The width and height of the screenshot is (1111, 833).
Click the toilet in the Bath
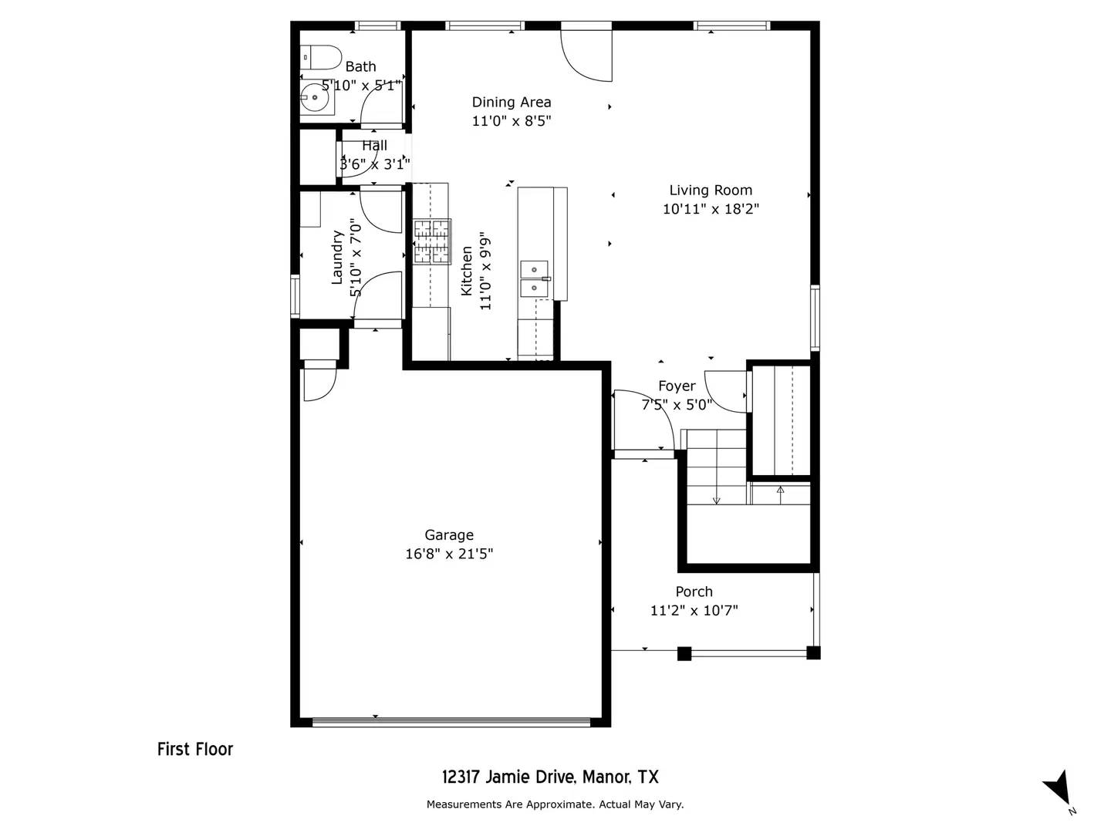point(322,57)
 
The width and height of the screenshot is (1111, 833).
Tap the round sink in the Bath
point(314,99)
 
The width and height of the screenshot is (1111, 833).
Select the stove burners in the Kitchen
point(431,242)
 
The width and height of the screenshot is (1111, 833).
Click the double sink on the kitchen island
point(534,278)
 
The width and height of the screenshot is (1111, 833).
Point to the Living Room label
point(711,191)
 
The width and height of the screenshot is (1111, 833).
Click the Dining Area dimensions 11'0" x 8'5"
point(512,121)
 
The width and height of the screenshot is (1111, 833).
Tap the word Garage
point(449,535)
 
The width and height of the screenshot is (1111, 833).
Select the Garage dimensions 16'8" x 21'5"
point(449,554)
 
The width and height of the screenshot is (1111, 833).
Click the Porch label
point(694,592)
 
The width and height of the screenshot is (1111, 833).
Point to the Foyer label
point(677,386)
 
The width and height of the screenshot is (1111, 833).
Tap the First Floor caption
point(195,749)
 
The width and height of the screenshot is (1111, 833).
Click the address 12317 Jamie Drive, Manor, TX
point(550,777)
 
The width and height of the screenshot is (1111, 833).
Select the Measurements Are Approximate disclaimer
point(555,804)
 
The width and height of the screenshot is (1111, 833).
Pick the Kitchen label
point(467,271)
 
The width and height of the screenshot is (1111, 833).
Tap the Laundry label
point(337,258)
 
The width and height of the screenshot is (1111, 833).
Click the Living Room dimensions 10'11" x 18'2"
point(711,209)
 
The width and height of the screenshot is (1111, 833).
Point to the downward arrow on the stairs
point(717,497)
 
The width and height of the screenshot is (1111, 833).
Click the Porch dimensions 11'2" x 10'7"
point(694,611)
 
